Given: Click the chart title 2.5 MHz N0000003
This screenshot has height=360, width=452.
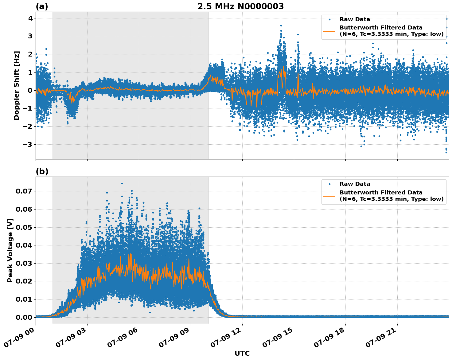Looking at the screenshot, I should click(240, 6).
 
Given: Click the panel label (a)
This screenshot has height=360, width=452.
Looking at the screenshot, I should click(42, 6).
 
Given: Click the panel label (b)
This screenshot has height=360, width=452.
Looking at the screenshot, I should click(42, 171).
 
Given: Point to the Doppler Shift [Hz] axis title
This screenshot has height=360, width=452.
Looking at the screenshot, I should click(17, 85).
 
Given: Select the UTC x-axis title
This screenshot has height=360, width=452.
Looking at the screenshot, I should click(242, 353).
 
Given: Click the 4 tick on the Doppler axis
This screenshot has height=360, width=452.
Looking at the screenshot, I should click(30, 18).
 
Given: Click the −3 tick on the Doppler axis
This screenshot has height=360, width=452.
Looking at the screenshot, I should click(29, 144).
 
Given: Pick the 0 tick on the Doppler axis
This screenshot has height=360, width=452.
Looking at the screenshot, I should click(30, 90).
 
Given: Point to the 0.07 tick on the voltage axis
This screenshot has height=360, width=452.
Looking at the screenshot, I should click(24, 191).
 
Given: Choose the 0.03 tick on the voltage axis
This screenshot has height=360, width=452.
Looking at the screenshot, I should click(24, 263).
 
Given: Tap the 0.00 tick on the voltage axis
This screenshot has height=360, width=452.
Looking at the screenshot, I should click(24, 317).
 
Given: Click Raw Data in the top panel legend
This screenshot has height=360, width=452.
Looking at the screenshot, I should click(355, 19).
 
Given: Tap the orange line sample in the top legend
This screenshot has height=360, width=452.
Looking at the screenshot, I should click(329, 31).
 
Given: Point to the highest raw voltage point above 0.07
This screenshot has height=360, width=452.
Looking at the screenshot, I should click(122, 183).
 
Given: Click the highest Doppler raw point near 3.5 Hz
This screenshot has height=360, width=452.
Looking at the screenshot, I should click(281, 26).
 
